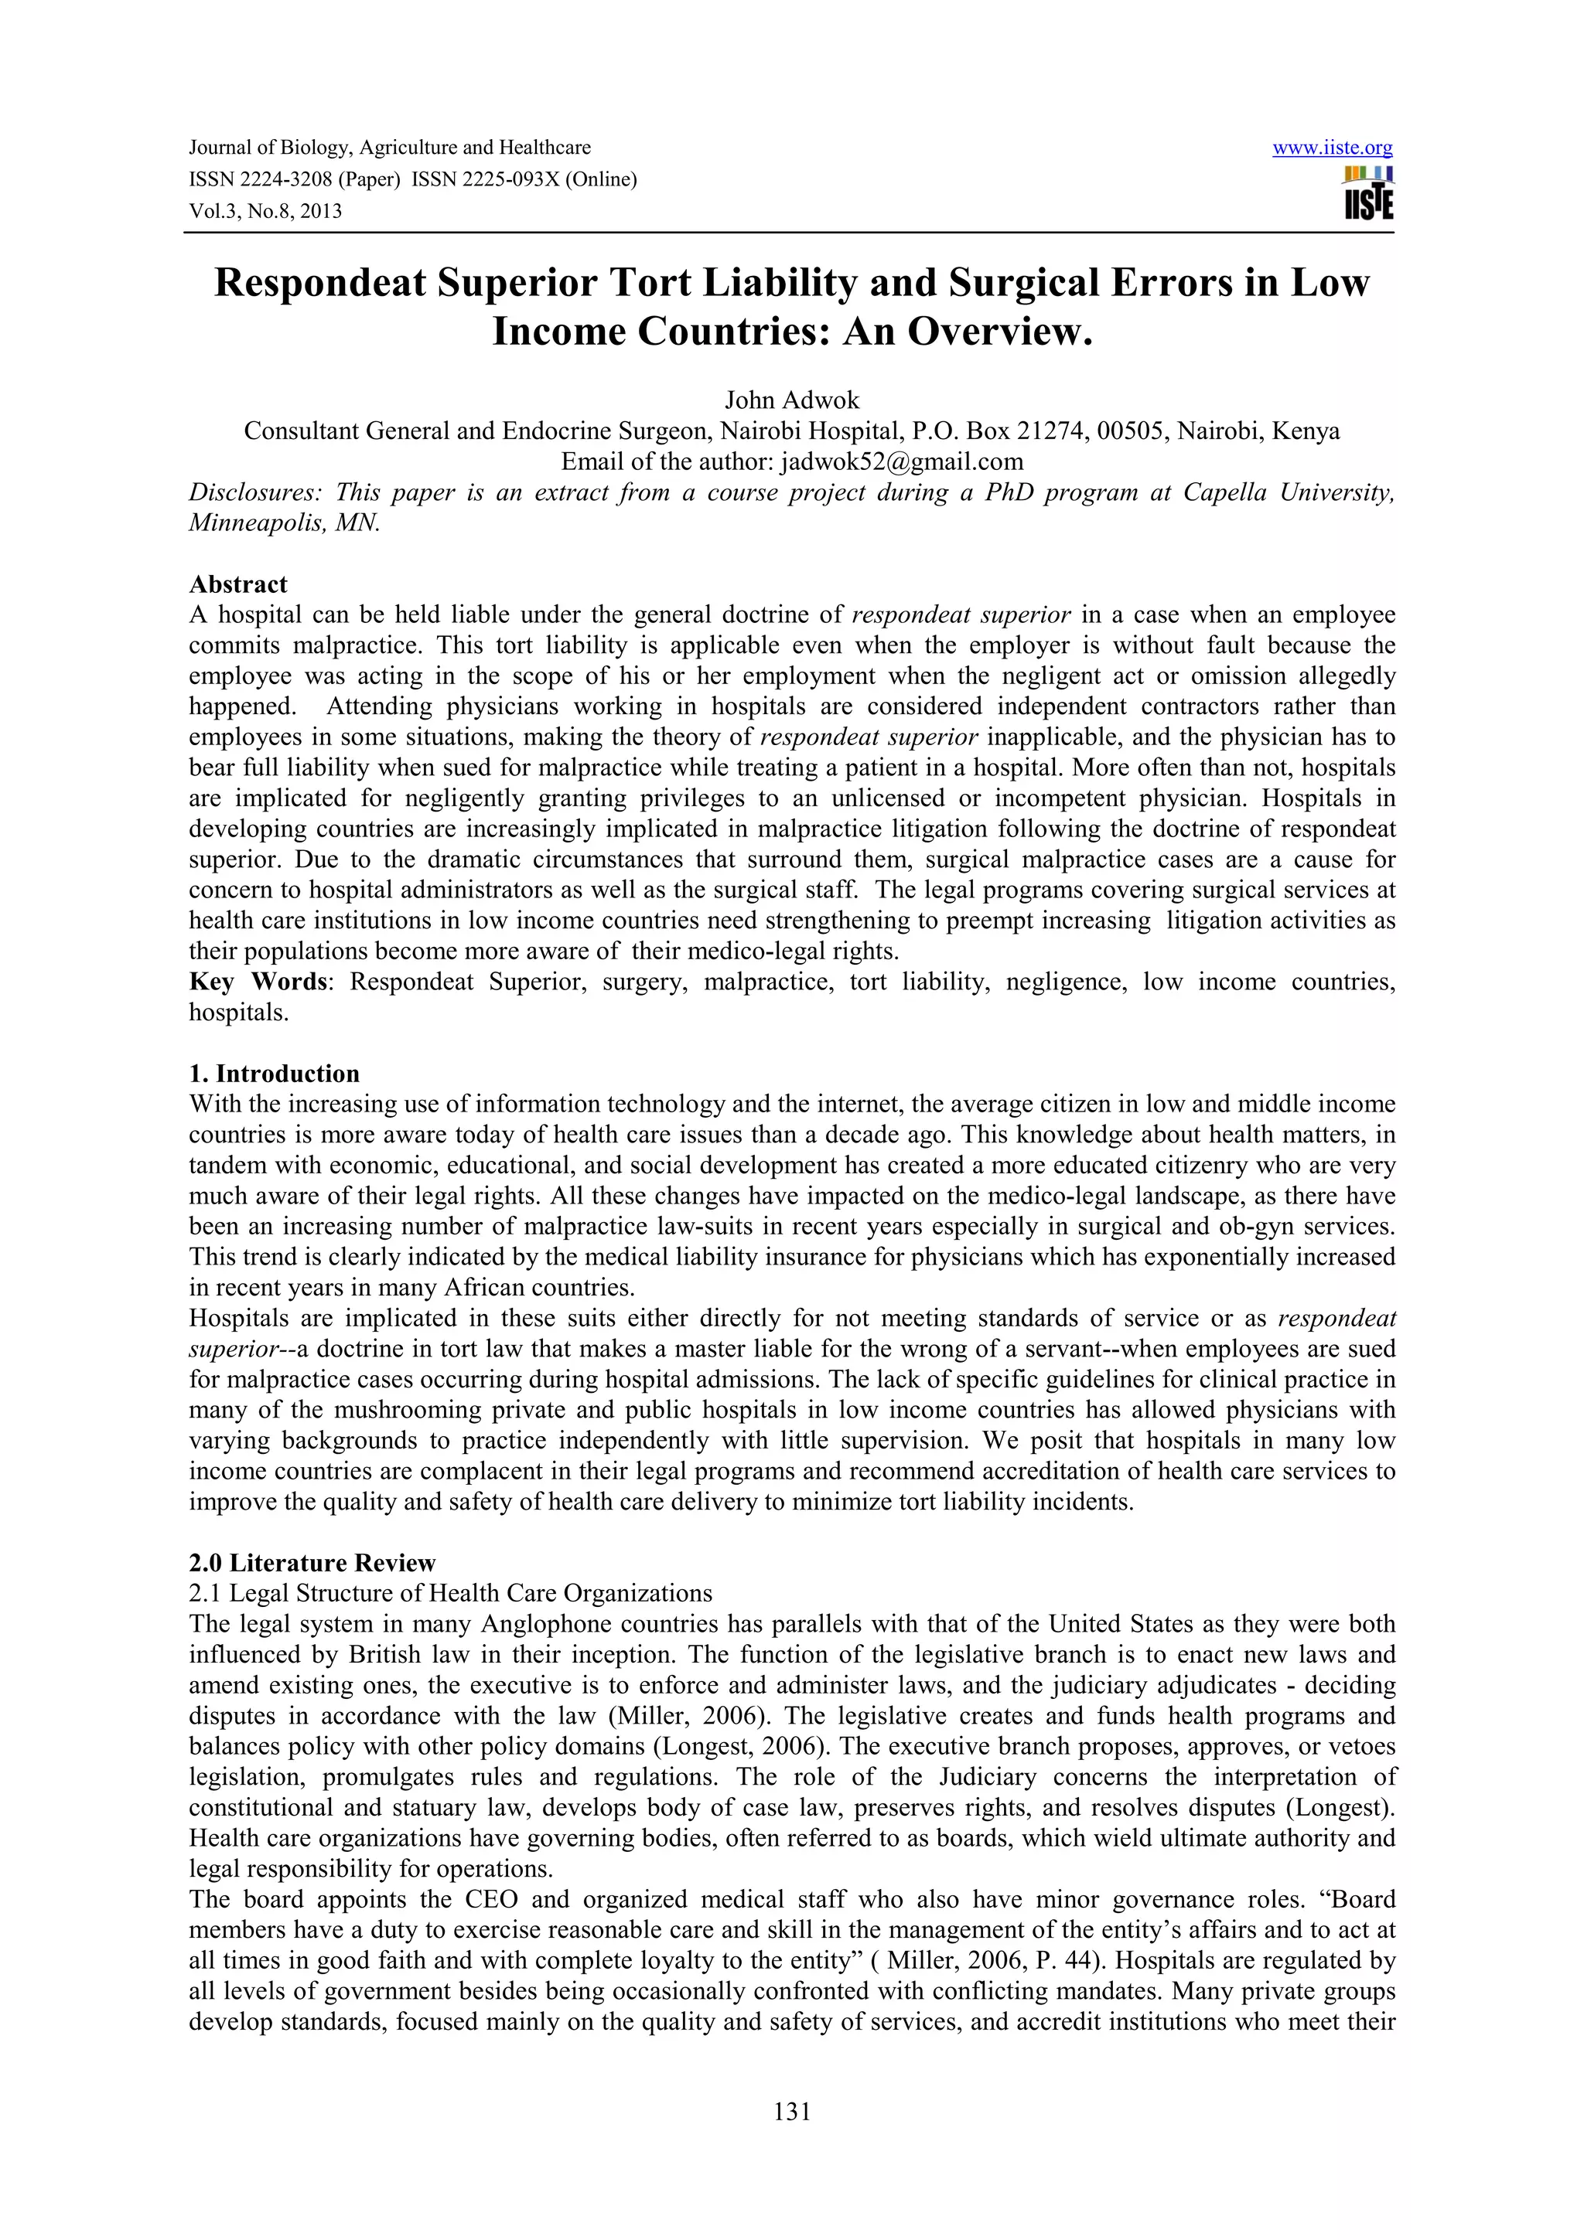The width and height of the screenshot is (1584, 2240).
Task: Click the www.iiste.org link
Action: point(1332,148)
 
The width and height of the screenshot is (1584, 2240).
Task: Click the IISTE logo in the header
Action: point(1368,193)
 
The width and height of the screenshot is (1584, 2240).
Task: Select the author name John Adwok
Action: point(791,400)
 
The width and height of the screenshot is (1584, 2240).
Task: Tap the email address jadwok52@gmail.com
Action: point(902,461)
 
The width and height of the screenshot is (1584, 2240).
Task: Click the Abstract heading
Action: point(238,584)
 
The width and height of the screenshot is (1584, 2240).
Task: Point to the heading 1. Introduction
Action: point(275,1074)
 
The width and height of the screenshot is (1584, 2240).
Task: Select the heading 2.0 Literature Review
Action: point(312,1563)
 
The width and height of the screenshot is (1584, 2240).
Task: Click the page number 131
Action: point(791,2112)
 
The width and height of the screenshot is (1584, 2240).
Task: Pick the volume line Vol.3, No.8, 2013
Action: point(265,211)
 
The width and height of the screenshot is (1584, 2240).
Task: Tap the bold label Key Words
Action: point(258,982)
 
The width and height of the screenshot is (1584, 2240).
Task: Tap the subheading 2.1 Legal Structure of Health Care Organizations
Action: point(451,1593)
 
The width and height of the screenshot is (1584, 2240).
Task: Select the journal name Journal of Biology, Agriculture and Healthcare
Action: point(389,148)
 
